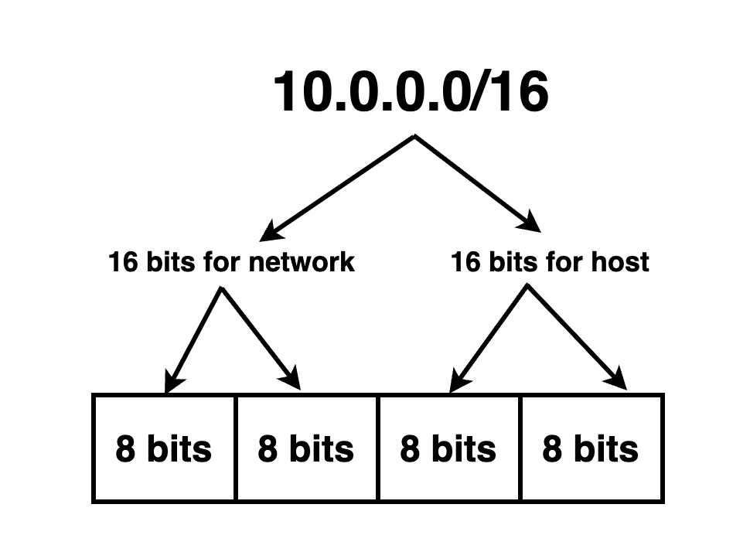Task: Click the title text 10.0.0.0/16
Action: [x=411, y=93]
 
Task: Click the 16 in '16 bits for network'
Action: [x=121, y=262]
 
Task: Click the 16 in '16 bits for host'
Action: [x=464, y=262]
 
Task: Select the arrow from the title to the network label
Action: [x=340, y=186]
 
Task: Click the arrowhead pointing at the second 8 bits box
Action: [x=291, y=380]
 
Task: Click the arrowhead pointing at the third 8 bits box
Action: [x=458, y=381]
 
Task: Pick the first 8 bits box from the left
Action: [x=163, y=449]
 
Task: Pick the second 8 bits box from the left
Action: [x=306, y=449]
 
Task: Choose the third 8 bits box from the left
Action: [x=448, y=449]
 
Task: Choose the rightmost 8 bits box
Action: [x=591, y=449]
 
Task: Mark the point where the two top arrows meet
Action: [x=416, y=138]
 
